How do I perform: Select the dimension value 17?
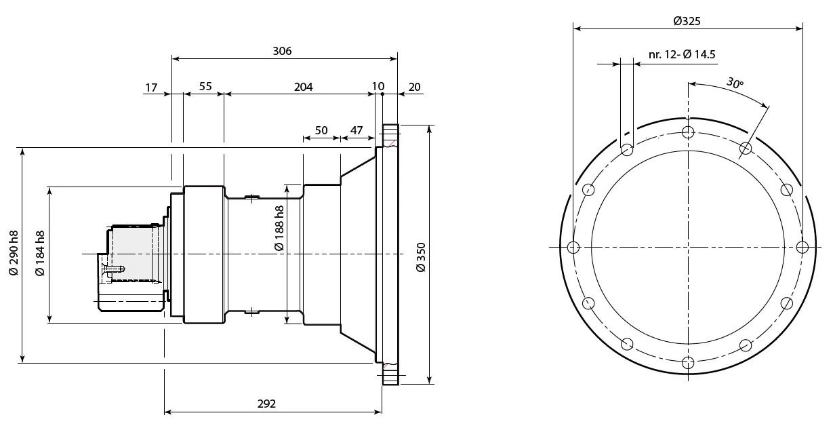tap(151, 87)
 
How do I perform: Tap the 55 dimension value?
tap(205, 87)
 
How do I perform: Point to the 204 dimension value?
tap(303, 87)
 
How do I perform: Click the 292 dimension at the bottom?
tap(267, 404)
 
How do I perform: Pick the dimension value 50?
tap(321, 130)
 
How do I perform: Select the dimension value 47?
tap(357, 130)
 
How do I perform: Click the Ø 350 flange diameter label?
tap(420, 257)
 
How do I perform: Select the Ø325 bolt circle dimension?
tap(687, 21)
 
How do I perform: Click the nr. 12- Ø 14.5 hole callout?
tap(682, 54)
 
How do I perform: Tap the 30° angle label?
tap(735, 84)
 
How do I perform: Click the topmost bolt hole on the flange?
tap(688, 132)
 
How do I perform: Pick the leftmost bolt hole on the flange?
tap(573, 247)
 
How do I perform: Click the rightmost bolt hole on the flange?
tap(802, 247)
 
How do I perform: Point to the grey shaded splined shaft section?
tap(133, 254)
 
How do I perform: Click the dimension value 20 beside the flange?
tap(415, 87)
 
